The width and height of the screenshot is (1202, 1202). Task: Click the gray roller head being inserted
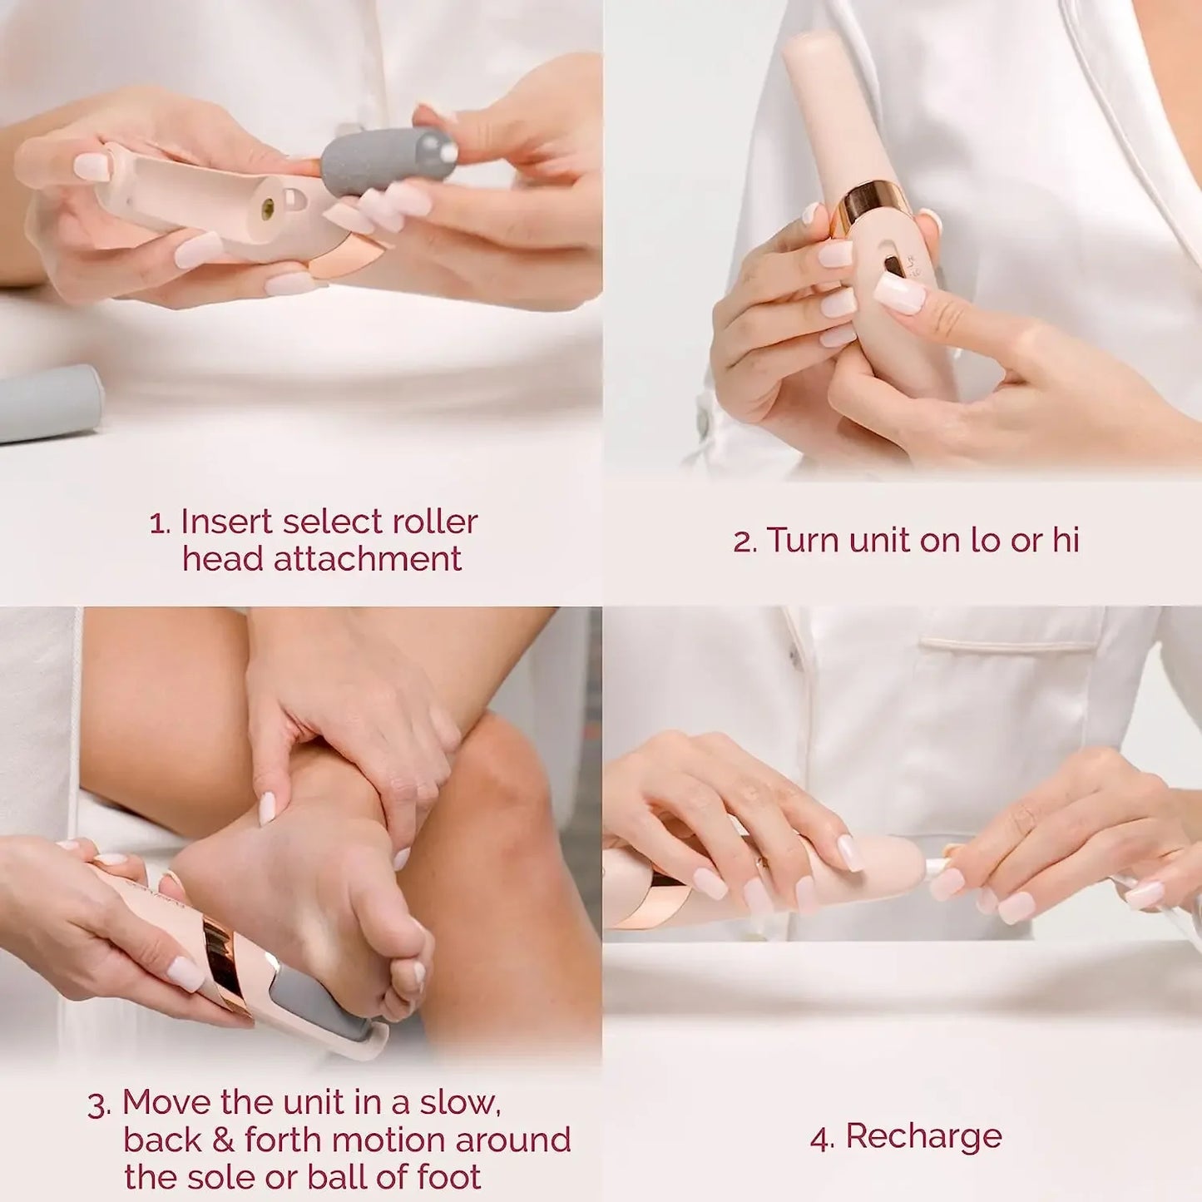388,159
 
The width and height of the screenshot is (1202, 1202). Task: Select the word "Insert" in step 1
226,522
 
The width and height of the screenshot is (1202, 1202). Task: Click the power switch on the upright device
895,266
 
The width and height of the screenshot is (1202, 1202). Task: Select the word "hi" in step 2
1066,540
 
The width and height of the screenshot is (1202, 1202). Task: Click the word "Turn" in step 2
800,540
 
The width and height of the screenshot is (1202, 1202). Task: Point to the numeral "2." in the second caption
744,542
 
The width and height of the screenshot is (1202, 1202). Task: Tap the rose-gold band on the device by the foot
225,964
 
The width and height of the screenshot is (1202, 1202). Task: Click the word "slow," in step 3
459,1103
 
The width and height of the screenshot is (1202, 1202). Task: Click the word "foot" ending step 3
449,1177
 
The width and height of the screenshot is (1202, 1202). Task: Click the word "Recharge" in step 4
923,1136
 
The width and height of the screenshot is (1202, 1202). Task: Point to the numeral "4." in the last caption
821,1139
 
